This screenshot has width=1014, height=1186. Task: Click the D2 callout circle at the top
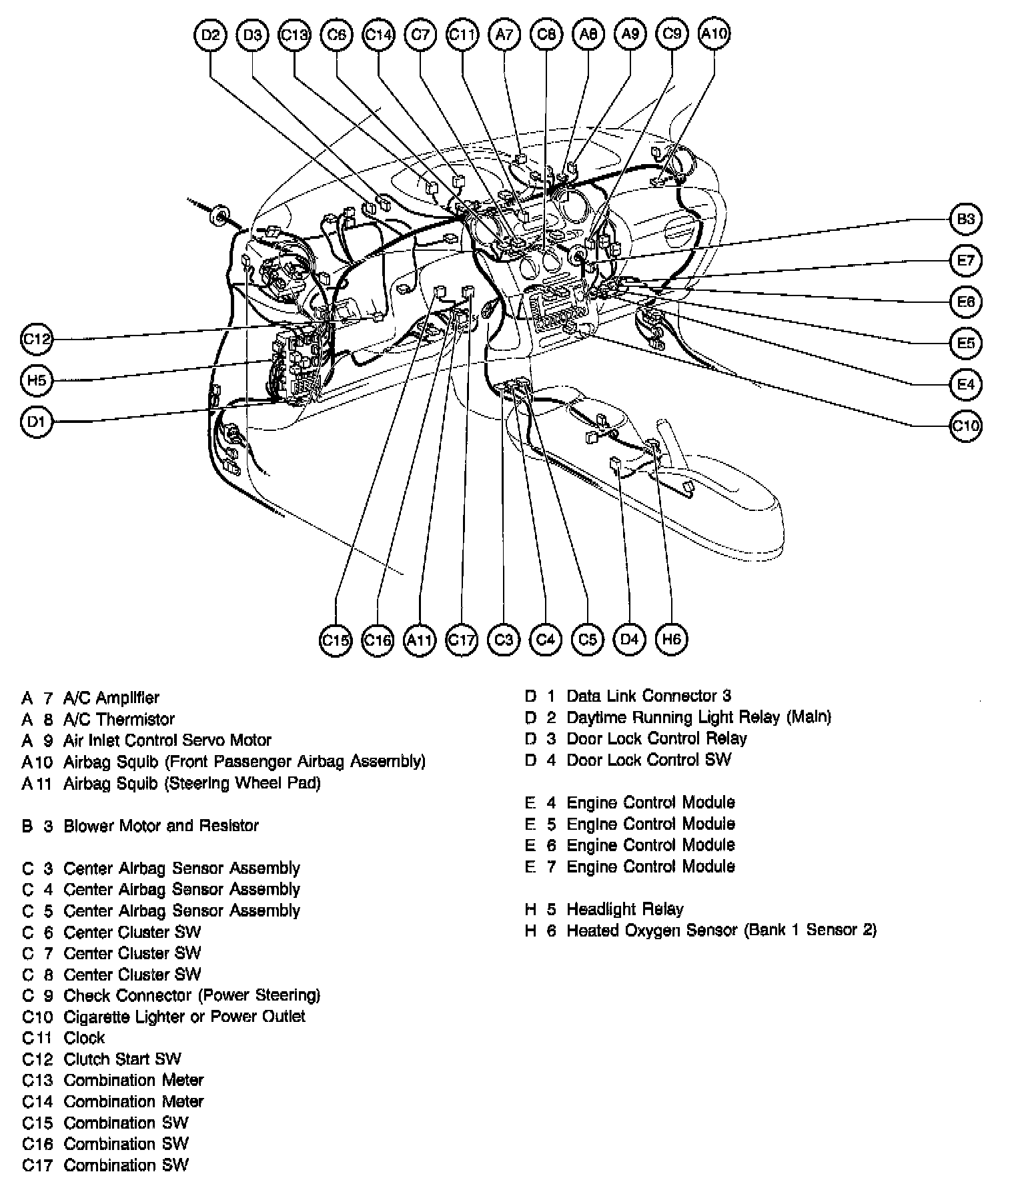210,34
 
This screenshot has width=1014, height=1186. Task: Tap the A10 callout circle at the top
714,34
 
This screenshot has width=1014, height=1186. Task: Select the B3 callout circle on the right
965,219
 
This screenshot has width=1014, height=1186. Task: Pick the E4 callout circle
965,384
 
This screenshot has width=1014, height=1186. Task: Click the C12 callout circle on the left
37,339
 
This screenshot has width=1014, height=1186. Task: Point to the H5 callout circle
37,380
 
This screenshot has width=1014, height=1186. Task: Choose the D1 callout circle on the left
37,422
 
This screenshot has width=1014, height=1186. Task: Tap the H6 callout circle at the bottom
671,639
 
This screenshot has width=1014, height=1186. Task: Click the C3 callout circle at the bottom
504,640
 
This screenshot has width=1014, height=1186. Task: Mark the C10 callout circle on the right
965,426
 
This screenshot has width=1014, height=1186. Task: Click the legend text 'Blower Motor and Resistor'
161,826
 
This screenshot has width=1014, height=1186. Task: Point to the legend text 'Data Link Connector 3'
648,696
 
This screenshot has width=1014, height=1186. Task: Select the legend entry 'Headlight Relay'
625,909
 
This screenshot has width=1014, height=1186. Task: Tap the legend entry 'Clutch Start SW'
122,1059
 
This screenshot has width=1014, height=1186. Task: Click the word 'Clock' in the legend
84,1038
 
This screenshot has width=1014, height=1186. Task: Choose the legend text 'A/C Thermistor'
119,719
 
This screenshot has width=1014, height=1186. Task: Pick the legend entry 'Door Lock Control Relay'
656,739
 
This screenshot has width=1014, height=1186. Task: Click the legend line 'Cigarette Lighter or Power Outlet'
184,1017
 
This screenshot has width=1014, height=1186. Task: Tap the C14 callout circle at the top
378,34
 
